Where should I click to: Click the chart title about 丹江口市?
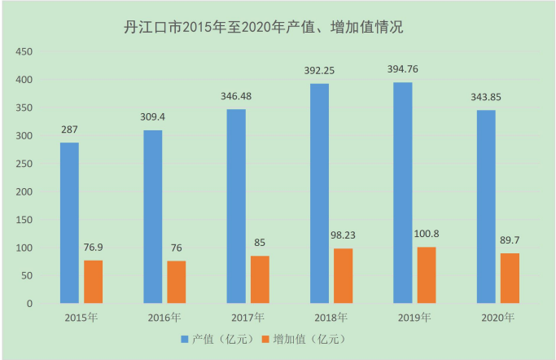(263, 28)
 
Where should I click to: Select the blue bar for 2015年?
(69, 223)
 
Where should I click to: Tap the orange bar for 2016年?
(176, 282)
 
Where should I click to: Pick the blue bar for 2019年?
(402, 193)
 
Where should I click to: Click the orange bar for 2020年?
(510, 278)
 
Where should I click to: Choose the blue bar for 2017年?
(236, 206)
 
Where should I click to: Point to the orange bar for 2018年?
(343, 275)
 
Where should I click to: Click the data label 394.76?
(402, 69)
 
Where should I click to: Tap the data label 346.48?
(236, 96)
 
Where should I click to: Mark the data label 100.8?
(427, 234)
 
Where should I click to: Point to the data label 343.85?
(486, 98)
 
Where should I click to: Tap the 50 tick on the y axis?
(26, 275)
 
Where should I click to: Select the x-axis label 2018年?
(331, 317)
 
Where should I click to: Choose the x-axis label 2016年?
(164, 317)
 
